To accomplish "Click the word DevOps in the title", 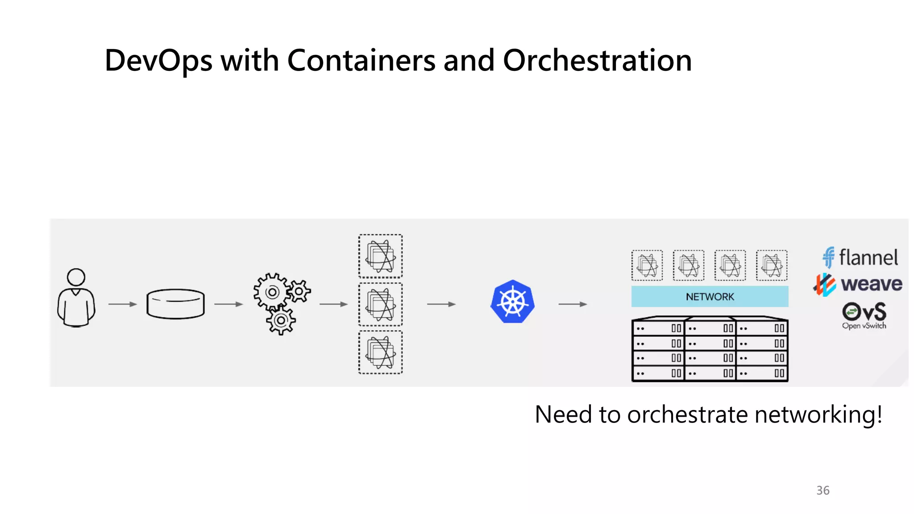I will click(x=158, y=61).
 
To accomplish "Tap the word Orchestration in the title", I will click(x=597, y=61).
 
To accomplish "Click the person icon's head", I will click(x=76, y=277).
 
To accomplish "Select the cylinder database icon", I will click(x=175, y=304).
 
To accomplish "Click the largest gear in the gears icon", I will click(x=272, y=292).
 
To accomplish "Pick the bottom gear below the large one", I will click(x=281, y=320).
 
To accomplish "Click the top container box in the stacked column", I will click(x=380, y=256).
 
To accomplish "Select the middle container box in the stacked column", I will click(x=380, y=304).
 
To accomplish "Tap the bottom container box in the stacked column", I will click(x=380, y=352).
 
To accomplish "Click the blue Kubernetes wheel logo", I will click(x=512, y=302).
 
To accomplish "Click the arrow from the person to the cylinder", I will click(x=122, y=304).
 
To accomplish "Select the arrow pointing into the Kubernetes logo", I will click(x=441, y=304).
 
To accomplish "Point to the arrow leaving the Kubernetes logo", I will click(x=573, y=304).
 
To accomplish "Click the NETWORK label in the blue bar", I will click(x=710, y=297).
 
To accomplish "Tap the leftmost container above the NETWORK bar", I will click(x=647, y=265).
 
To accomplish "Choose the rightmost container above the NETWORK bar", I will click(x=772, y=265).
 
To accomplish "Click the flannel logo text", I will click(x=868, y=258).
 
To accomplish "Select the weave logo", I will click(x=858, y=284).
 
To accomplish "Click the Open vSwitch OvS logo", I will click(x=864, y=315).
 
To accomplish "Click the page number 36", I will click(x=823, y=490).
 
